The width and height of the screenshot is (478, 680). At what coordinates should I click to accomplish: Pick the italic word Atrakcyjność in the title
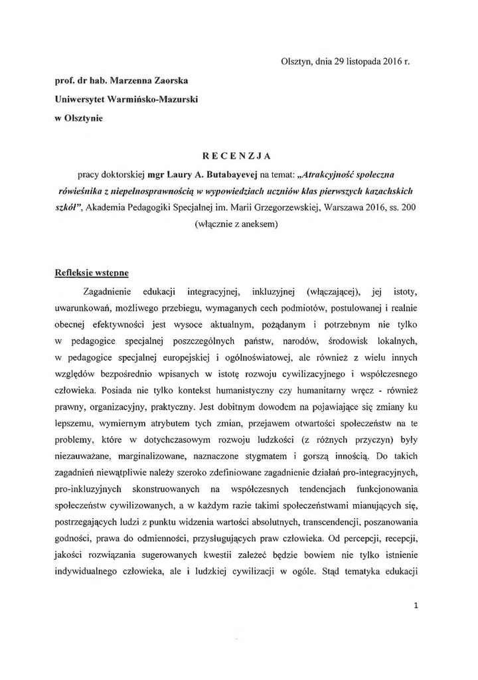pyautogui.click(x=323, y=174)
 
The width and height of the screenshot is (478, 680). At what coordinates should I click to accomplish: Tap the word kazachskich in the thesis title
pyautogui.click(x=385, y=191)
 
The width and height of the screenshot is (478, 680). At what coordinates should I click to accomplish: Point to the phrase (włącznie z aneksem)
pyautogui.click(x=238, y=224)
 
